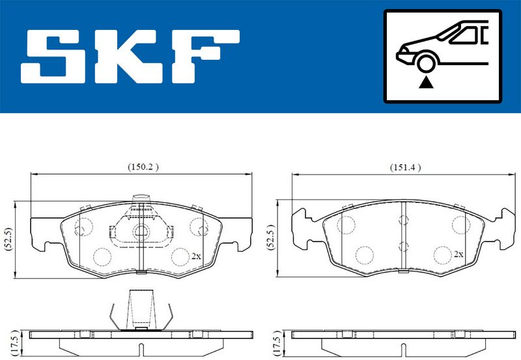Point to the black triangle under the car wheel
click(426, 82)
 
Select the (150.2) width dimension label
click(142, 167)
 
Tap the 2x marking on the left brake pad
click(196, 256)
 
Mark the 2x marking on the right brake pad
click(458, 254)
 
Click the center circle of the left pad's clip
click(141, 230)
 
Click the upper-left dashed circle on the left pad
click(83, 227)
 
